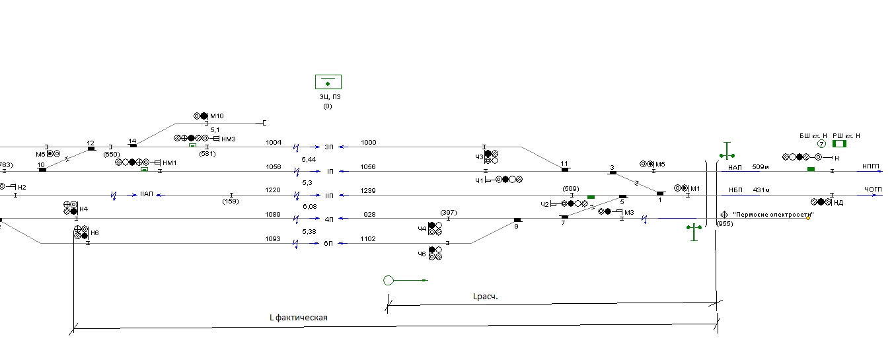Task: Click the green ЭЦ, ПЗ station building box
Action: [x=328, y=82]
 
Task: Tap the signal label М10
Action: [x=217, y=116]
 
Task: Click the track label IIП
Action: [x=330, y=196]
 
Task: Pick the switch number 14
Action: [x=132, y=141]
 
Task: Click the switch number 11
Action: [x=564, y=164]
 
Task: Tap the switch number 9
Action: [x=517, y=225]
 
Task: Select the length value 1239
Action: [x=369, y=191]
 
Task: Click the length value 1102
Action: [x=369, y=239]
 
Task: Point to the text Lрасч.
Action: [x=486, y=297]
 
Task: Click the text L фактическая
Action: [x=299, y=318]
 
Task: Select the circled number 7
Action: [x=821, y=144]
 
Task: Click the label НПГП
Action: [x=872, y=167]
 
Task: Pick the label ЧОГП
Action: [x=873, y=190]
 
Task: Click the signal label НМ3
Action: [x=229, y=139]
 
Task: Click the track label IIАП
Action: [x=147, y=196]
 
